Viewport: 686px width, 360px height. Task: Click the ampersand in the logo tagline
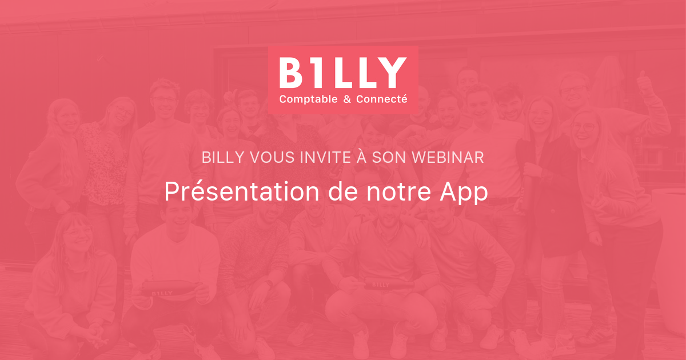[x=347, y=99]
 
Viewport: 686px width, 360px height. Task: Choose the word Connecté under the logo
[x=382, y=99]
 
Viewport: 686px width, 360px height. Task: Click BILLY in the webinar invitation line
[x=224, y=158]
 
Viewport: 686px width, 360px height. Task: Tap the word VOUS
[x=273, y=158]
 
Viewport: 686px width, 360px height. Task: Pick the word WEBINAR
[x=448, y=158]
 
